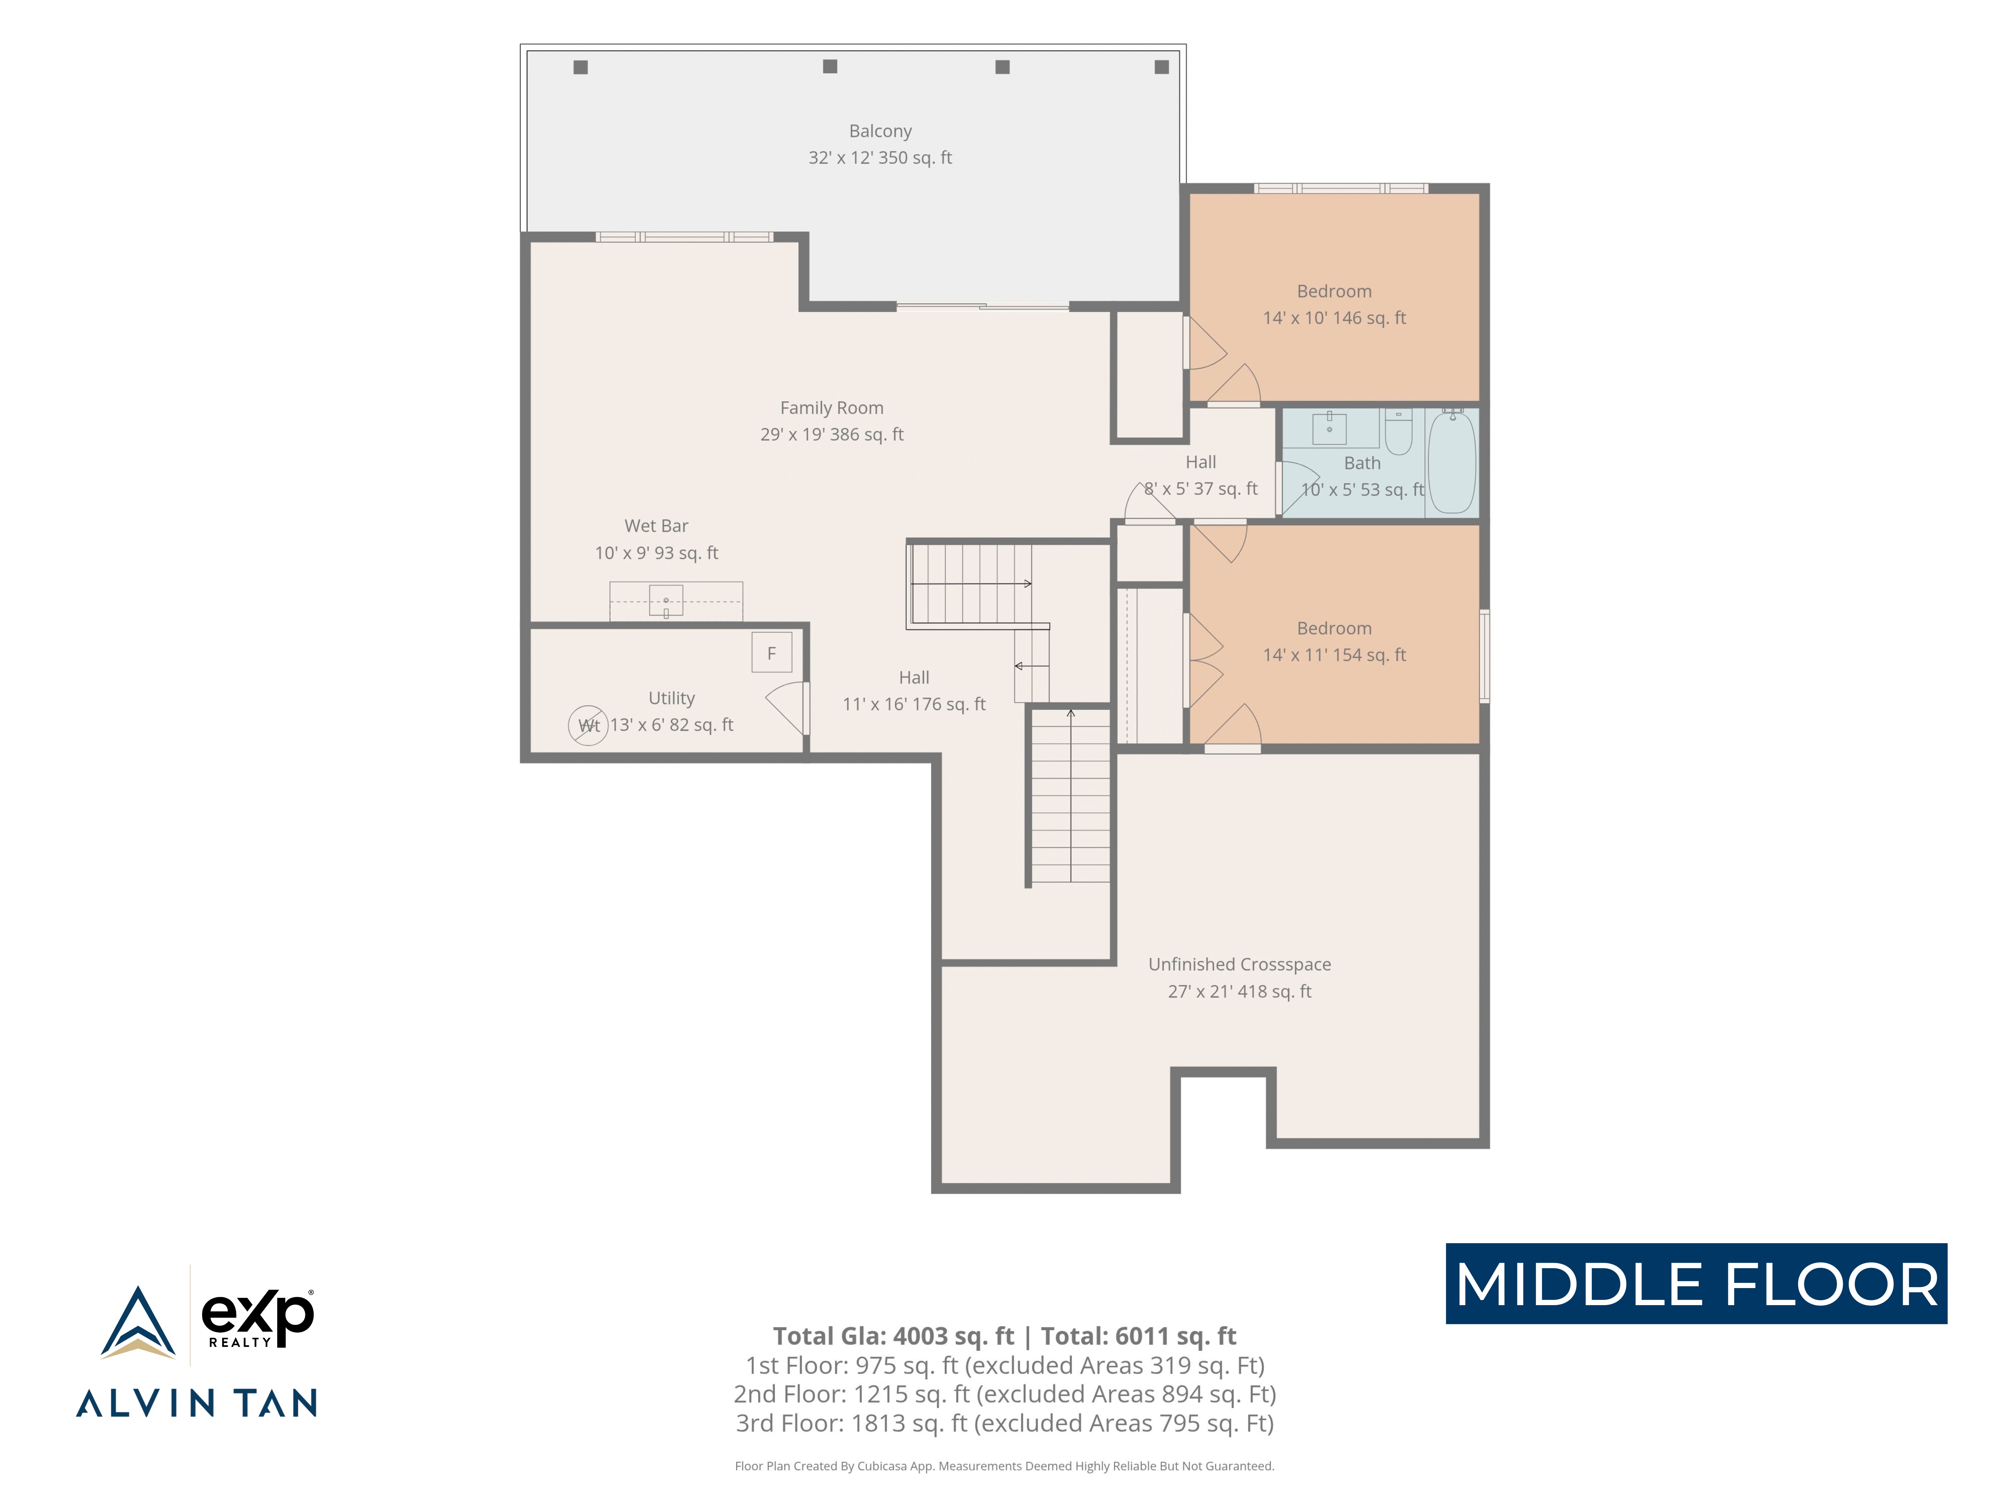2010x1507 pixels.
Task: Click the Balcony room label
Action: [x=879, y=131]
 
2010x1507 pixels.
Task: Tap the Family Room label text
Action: [x=831, y=408]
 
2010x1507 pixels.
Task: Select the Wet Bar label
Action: [x=656, y=526]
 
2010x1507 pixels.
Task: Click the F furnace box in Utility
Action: [x=772, y=652]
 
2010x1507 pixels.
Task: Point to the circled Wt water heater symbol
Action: [x=588, y=725]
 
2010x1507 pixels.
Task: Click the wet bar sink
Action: [x=666, y=600]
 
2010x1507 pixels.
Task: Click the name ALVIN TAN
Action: [x=196, y=1403]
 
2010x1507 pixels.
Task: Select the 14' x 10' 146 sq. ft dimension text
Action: [x=1334, y=318]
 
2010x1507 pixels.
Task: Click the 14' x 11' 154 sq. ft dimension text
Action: [x=1334, y=655]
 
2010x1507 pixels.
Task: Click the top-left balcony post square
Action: [x=581, y=67]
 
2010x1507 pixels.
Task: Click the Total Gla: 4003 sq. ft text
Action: [x=893, y=1336]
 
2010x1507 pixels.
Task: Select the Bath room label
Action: [x=1362, y=463]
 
